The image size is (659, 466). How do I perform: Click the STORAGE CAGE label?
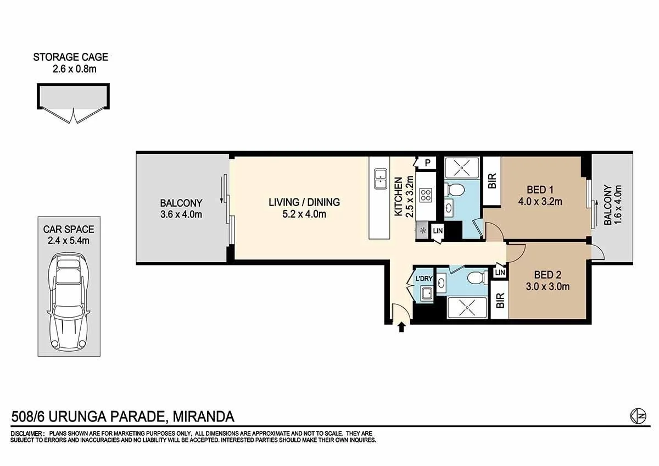click(70, 57)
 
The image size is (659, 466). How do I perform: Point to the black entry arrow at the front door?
click(401, 328)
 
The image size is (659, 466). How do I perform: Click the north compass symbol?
click(637, 417)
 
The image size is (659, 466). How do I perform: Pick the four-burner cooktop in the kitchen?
click(426, 195)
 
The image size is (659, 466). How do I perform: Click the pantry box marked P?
click(427, 163)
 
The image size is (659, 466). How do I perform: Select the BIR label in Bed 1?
click(492, 181)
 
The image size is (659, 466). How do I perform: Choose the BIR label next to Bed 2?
click(500, 301)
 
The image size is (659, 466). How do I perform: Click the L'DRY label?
click(424, 279)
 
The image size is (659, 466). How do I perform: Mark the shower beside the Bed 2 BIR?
click(467, 307)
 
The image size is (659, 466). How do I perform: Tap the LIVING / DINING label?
click(304, 202)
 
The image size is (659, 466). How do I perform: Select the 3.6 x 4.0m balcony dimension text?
click(182, 214)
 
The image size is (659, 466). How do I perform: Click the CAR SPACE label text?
click(69, 229)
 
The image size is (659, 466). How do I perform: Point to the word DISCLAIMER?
click(27, 434)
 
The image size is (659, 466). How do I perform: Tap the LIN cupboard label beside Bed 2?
click(500, 273)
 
